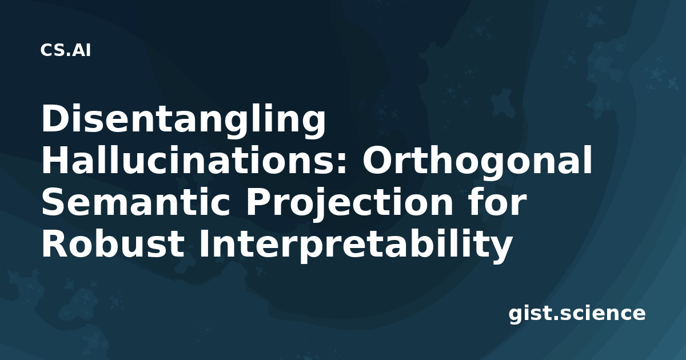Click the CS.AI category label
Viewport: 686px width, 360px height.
(66, 50)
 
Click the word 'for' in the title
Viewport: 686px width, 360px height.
(497, 201)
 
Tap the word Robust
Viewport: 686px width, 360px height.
(113, 243)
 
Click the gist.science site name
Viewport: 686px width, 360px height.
(577, 314)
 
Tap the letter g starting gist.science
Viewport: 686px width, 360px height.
(516, 316)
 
